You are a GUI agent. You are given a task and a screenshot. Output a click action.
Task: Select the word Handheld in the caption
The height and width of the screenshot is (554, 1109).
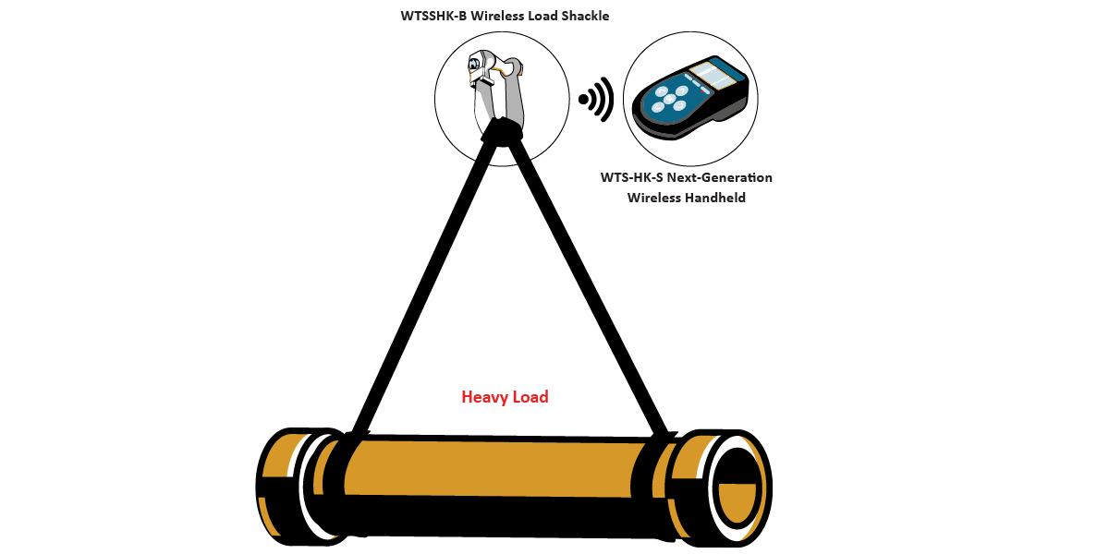[x=713, y=197]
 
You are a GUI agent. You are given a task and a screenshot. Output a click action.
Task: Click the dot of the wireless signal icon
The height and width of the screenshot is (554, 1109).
[x=584, y=99]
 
